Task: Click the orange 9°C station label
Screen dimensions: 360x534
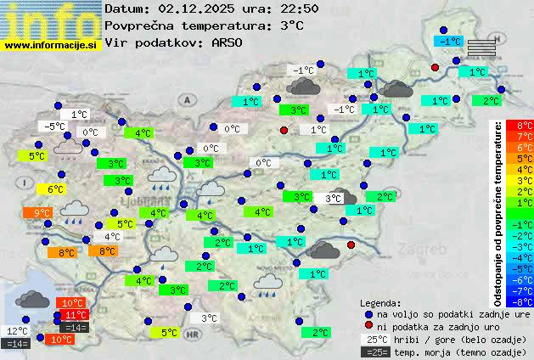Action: [x=42, y=212]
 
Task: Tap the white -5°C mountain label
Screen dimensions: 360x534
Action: [x=54, y=127]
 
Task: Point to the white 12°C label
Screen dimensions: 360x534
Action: [x=18, y=331]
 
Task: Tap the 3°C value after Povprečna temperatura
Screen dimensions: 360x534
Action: [x=291, y=25]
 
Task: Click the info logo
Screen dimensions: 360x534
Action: [x=51, y=20]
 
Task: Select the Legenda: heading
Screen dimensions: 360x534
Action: [x=380, y=302]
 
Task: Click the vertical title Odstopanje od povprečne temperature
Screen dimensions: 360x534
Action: [x=498, y=212]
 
